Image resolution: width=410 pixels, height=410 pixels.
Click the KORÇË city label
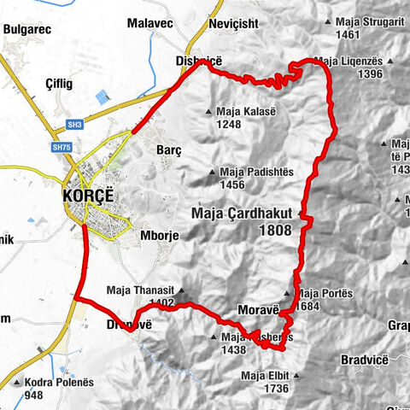[x=93, y=195]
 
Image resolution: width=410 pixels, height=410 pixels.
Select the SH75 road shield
[x=61, y=148]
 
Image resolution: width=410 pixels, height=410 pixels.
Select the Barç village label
[x=169, y=149]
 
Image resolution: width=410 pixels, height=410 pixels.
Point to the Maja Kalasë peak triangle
[x=209, y=111]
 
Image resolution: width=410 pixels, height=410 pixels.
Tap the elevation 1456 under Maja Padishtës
[x=232, y=184]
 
